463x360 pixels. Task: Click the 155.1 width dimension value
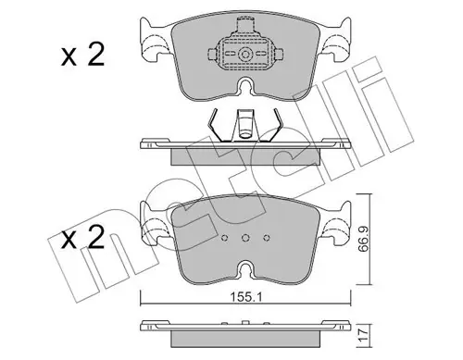pos(246,297)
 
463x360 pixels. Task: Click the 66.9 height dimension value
pos(364,240)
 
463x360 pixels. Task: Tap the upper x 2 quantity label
pos(82,55)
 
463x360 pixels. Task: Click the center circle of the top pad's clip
pos(245,55)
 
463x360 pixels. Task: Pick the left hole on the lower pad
pos(225,238)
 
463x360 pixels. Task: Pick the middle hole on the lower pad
pos(245,238)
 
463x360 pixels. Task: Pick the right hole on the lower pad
pos(267,238)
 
